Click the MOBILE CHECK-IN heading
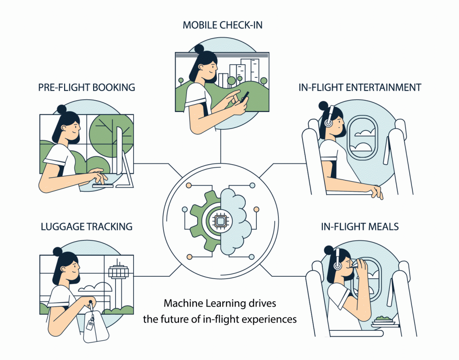pyautogui.click(x=222, y=25)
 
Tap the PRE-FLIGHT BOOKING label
pyautogui.click(x=87, y=87)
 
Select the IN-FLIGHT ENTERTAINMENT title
pyautogui.click(x=360, y=87)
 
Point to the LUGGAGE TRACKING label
pyautogui.click(x=87, y=226)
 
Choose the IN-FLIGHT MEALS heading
pyautogui.click(x=360, y=226)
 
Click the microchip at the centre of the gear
pyautogui.click(x=220, y=220)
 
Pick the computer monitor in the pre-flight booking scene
pyautogui.click(x=120, y=152)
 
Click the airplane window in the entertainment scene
pyautogui.click(x=362, y=137)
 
